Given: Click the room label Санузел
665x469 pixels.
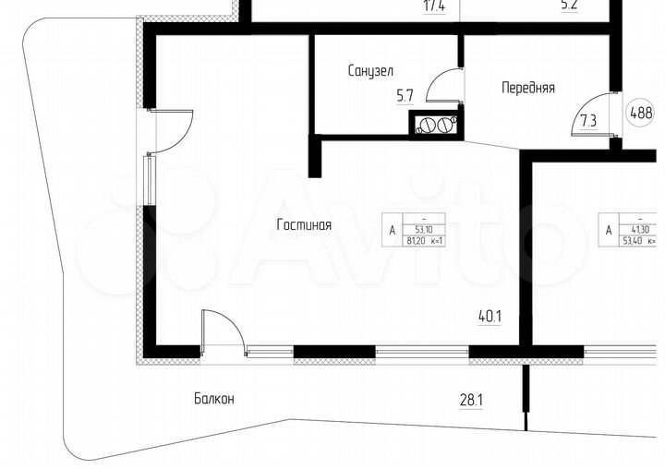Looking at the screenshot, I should [371, 70].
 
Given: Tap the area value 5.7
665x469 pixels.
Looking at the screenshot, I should [405, 94].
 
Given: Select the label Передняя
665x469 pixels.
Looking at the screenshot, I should [527, 89].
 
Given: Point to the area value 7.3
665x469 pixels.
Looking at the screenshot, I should [588, 120].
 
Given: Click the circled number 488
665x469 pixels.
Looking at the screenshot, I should [641, 114].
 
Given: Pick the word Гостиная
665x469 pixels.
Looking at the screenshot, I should [304, 224].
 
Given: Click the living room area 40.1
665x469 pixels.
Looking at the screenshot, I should [490, 316].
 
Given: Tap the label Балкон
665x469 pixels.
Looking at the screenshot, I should [214, 399].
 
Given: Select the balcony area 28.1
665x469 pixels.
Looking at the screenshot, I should [472, 400].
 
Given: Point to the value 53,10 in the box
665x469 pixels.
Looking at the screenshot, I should [424, 229].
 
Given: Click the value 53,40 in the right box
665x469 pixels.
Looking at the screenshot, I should [635, 242].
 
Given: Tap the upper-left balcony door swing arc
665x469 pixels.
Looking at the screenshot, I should [175, 129].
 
